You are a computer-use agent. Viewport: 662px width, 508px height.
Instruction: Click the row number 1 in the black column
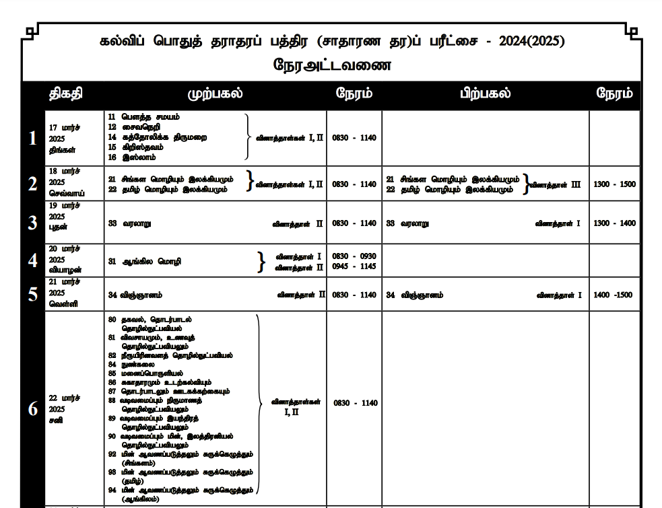tap(32, 139)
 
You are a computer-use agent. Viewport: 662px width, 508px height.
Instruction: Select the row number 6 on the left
tap(32, 408)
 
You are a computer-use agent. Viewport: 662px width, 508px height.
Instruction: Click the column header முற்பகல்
tap(215, 94)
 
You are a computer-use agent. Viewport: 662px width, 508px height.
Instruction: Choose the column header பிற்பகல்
tap(485, 94)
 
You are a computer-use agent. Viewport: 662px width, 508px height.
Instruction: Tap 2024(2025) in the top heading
tap(532, 41)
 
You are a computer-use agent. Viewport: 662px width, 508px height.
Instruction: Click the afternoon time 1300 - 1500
tap(614, 184)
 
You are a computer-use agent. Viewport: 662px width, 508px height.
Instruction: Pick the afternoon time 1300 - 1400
tap(614, 223)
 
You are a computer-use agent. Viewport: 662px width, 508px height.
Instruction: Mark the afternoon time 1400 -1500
tap(614, 295)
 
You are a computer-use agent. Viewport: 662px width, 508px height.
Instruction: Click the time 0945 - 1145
tap(354, 266)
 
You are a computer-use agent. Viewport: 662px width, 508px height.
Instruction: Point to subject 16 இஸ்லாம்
tap(132, 157)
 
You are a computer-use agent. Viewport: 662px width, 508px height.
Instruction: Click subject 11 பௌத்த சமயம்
tap(143, 116)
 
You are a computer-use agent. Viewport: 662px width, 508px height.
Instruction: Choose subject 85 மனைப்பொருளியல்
tap(145, 373)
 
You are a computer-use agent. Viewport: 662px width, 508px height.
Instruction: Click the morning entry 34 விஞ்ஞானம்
tap(135, 295)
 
